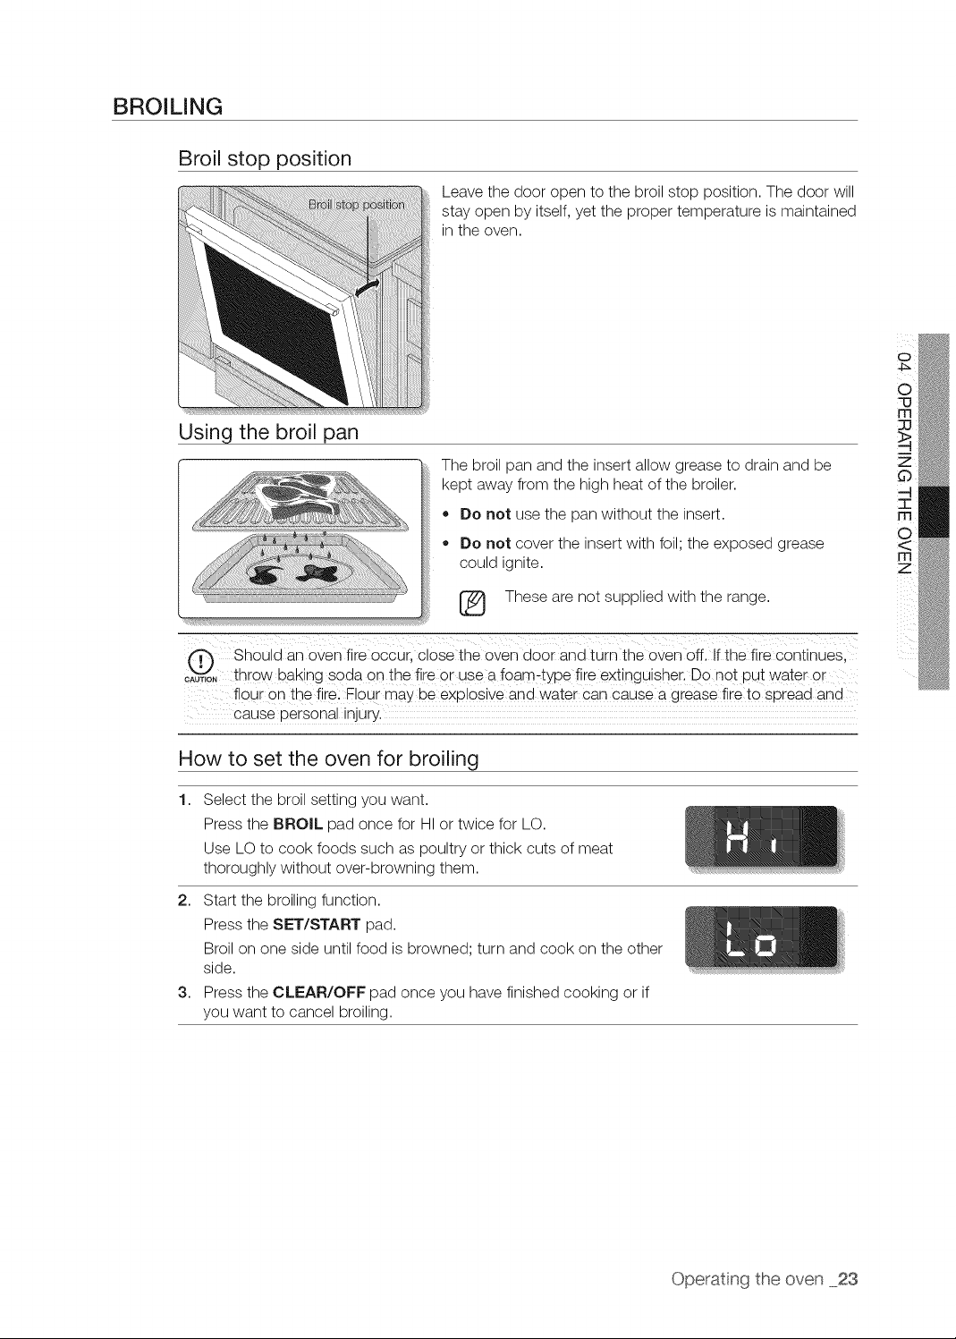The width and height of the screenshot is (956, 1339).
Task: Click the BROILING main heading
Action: pyautogui.click(x=167, y=107)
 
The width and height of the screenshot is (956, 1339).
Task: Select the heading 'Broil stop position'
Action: pyautogui.click(x=265, y=159)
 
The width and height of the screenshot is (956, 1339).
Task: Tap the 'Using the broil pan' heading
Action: pyautogui.click(x=268, y=432)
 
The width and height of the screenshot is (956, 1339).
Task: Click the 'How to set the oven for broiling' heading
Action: pyautogui.click(x=328, y=759)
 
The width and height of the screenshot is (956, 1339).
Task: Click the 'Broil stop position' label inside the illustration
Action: pyautogui.click(x=356, y=205)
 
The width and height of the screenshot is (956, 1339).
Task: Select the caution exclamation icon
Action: pyautogui.click(x=200, y=662)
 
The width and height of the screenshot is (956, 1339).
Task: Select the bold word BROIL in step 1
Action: pyautogui.click(x=298, y=825)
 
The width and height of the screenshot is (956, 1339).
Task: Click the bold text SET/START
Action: pyautogui.click(x=317, y=925)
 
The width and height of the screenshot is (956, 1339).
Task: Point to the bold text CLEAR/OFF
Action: pyautogui.click(x=318, y=992)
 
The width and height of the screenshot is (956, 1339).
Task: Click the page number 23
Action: pyautogui.click(x=847, y=1279)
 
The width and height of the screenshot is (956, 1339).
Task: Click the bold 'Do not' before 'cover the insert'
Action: pyautogui.click(x=485, y=543)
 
